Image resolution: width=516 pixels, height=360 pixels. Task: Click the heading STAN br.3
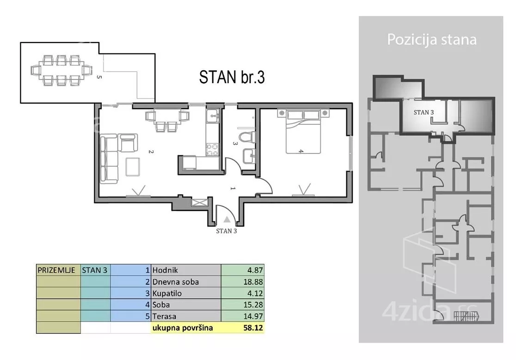click(x=232, y=77)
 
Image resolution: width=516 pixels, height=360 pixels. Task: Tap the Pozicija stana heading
click(x=432, y=39)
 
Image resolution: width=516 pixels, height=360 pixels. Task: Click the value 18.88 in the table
click(x=253, y=282)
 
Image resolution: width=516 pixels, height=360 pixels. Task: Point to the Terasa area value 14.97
click(x=253, y=316)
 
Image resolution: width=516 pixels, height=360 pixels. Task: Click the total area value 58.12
click(x=253, y=328)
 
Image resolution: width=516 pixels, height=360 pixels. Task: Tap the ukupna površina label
click(x=183, y=328)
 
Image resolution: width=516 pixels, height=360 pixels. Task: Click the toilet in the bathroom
click(x=247, y=137)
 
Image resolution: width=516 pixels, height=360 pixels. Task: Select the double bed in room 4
click(x=303, y=132)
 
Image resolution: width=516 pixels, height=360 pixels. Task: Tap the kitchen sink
click(x=213, y=116)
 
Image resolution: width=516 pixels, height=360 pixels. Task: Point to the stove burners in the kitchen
click(x=212, y=150)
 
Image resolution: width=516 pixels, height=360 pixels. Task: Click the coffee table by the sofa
click(x=133, y=167)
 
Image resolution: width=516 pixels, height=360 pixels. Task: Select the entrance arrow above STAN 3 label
click(x=227, y=220)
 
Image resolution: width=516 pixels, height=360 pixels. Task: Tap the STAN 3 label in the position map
click(x=424, y=112)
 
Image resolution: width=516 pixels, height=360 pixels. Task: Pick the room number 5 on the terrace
click(x=99, y=77)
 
